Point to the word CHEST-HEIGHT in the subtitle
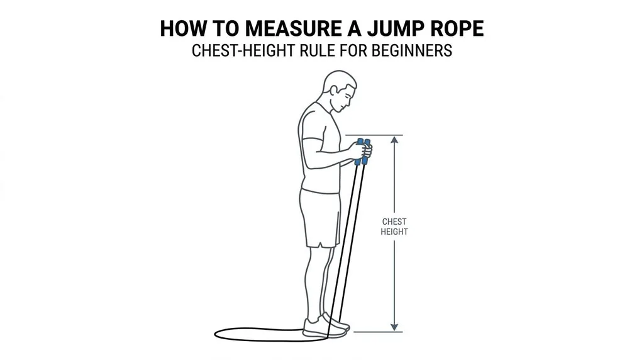click(243, 50)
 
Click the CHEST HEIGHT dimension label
click(394, 227)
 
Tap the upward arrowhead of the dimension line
click(394, 140)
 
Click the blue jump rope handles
click(362, 152)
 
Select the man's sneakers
click(326, 326)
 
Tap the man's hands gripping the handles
click(361, 150)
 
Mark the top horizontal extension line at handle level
click(374, 135)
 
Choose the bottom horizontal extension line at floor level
click(378, 332)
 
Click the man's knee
click(318, 263)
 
